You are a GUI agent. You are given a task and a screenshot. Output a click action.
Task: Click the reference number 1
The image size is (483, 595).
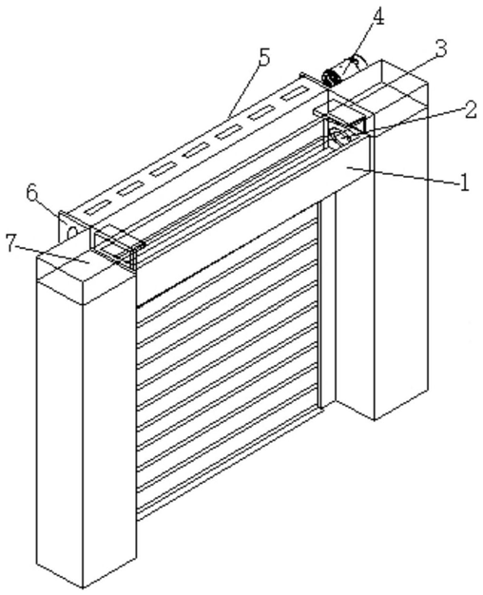(464, 183)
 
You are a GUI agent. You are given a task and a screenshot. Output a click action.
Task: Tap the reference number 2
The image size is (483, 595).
(471, 111)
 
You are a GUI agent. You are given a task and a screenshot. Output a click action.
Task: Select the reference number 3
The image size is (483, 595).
(441, 50)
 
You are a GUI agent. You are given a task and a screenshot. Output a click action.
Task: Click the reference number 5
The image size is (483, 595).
(263, 58)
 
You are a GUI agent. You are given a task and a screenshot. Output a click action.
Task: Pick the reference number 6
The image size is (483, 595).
(32, 193)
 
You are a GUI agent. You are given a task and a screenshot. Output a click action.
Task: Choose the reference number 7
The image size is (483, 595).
(11, 243)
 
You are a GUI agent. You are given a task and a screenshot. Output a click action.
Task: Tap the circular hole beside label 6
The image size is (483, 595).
(72, 232)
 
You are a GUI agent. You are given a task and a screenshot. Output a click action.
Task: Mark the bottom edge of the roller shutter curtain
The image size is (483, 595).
(228, 466)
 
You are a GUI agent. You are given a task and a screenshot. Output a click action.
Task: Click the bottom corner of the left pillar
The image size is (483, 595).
(83, 587)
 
